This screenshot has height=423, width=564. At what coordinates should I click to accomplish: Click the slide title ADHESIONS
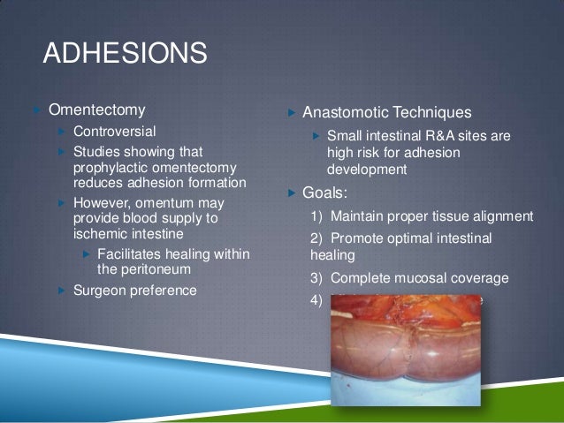coord(125,55)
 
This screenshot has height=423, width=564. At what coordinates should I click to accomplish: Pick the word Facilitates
coord(133,254)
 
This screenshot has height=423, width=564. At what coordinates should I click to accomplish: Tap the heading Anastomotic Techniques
coord(386,113)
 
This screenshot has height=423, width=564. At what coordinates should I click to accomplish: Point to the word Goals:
coord(329,192)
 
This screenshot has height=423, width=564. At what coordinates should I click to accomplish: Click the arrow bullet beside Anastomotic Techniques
coord(291,113)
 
